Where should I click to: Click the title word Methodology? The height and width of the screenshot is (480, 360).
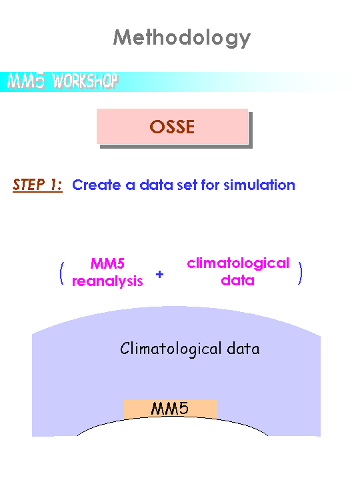click(182, 38)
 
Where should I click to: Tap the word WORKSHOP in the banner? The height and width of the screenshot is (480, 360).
click(85, 81)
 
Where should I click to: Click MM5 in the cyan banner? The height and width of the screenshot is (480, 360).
click(26, 81)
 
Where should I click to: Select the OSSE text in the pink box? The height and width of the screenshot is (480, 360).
click(172, 127)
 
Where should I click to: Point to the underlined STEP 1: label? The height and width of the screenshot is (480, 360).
click(37, 185)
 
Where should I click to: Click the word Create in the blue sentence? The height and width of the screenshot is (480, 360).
click(97, 185)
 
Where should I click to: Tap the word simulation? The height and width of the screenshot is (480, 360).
click(259, 185)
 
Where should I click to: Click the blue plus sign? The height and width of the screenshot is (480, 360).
click(159, 274)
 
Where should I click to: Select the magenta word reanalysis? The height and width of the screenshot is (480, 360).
click(107, 281)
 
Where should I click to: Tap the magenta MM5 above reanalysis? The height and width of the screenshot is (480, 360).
click(107, 263)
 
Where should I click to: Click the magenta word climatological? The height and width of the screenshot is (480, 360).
click(238, 263)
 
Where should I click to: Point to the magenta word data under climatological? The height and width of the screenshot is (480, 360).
click(238, 280)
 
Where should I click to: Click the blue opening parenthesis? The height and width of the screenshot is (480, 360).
click(62, 273)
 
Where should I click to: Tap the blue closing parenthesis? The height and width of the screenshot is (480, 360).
click(300, 273)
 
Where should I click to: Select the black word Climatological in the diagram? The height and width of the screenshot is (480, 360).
click(171, 349)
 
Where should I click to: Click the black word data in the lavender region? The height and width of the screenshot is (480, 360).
click(243, 349)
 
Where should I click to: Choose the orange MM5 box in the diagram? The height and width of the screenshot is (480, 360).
click(170, 409)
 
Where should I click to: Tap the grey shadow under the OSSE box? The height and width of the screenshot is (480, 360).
click(176, 146)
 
